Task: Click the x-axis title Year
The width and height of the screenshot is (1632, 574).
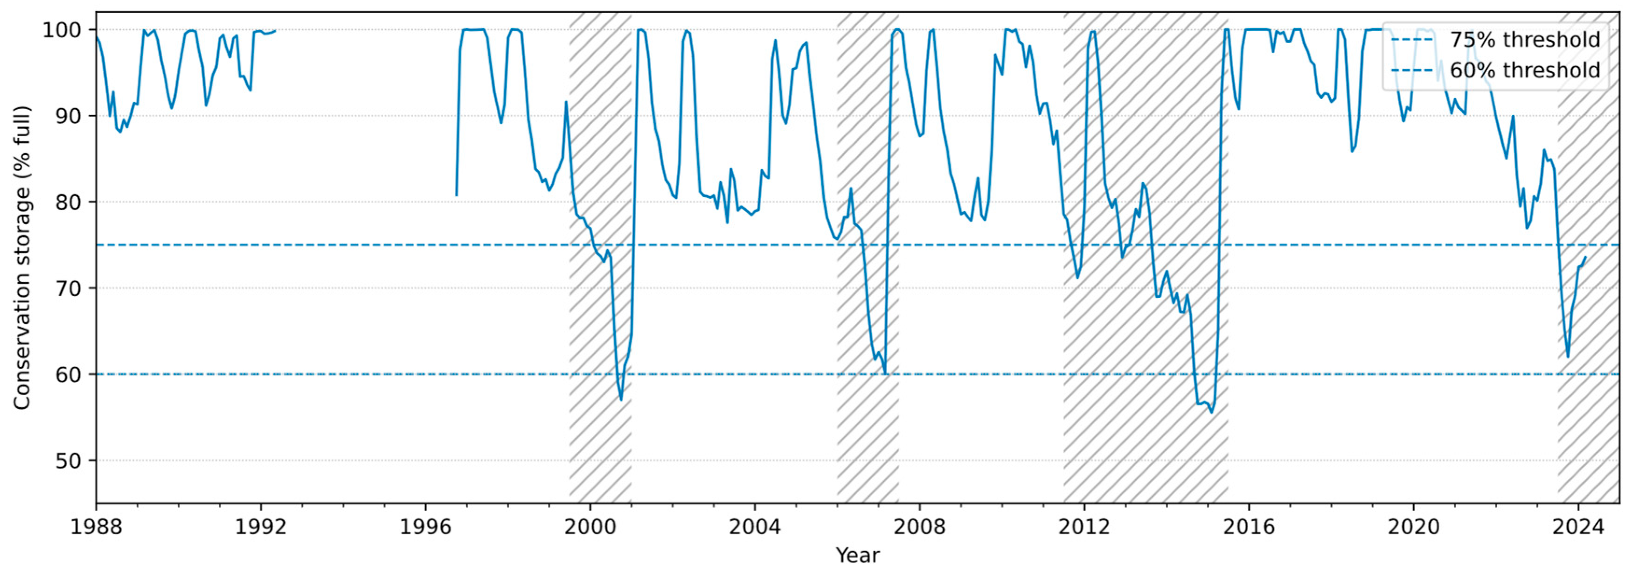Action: tap(858, 556)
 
